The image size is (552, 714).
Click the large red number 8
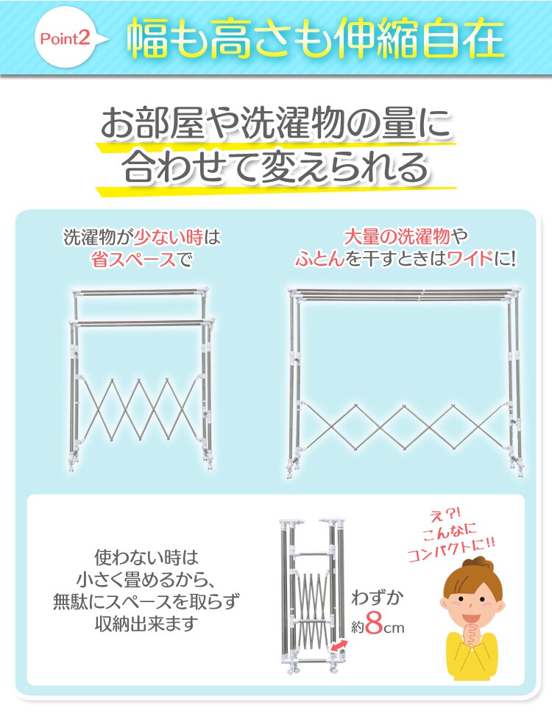pos(373,625)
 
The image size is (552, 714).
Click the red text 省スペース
pos(133,260)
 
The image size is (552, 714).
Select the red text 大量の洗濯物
pos(397,237)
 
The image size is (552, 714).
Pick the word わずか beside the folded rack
pos(378,598)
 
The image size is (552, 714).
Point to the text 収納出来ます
pos(146,623)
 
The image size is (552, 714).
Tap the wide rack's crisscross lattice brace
pos(403,427)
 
